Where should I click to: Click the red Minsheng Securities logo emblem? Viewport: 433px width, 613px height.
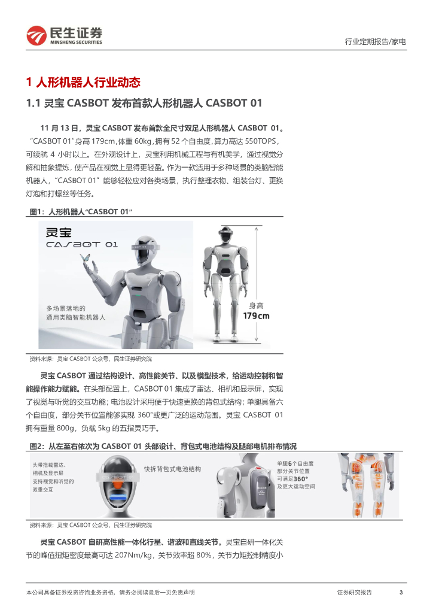(x=36, y=35)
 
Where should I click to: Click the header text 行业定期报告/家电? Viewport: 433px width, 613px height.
(x=375, y=41)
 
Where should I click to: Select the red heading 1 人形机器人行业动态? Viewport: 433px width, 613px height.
(x=83, y=82)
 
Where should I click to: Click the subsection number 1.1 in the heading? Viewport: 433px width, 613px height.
(x=33, y=103)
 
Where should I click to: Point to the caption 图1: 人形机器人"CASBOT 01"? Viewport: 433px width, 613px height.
(x=81, y=211)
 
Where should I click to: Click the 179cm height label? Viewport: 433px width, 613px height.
(x=256, y=316)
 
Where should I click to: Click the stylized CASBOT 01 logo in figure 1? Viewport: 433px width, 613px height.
(x=81, y=245)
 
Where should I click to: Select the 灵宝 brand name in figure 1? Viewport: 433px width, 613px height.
(x=59, y=232)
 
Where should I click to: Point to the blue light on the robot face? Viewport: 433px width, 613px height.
(x=118, y=497)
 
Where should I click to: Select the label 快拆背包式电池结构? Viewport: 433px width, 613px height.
(x=172, y=469)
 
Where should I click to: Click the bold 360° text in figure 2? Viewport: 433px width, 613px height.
(x=301, y=479)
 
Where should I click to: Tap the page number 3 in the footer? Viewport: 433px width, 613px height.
(x=401, y=592)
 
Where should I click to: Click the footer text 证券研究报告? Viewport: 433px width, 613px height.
(x=354, y=592)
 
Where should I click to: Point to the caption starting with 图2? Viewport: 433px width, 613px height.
(x=163, y=446)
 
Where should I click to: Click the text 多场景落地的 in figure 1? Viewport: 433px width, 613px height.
(x=66, y=308)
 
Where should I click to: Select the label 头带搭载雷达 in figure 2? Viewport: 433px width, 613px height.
(x=49, y=465)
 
